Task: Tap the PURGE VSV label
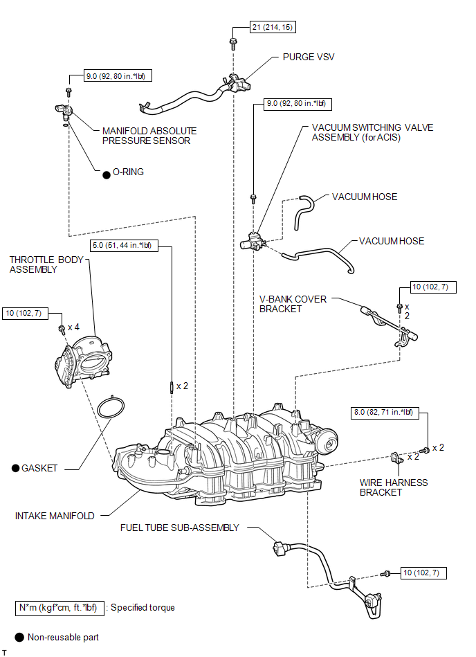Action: tap(309, 57)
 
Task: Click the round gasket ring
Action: tap(111, 407)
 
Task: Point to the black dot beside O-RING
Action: tap(107, 174)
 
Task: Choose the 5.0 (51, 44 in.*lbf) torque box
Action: tap(125, 246)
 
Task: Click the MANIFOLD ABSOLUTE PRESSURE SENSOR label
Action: tap(149, 136)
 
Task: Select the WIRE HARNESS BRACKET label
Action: tap(394, 487)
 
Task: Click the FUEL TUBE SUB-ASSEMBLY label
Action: tap(180, 528)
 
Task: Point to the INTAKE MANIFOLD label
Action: tap(55, 516)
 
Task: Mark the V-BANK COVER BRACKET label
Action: tap(293, 304)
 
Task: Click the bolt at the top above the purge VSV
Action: tap(233, 44)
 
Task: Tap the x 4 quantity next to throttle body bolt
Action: tap(73, 327)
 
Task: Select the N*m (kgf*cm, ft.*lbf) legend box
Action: tap(58, 608)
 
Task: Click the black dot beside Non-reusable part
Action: tap(19, 638)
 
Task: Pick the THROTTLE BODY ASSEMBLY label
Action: tap(46, 264)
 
